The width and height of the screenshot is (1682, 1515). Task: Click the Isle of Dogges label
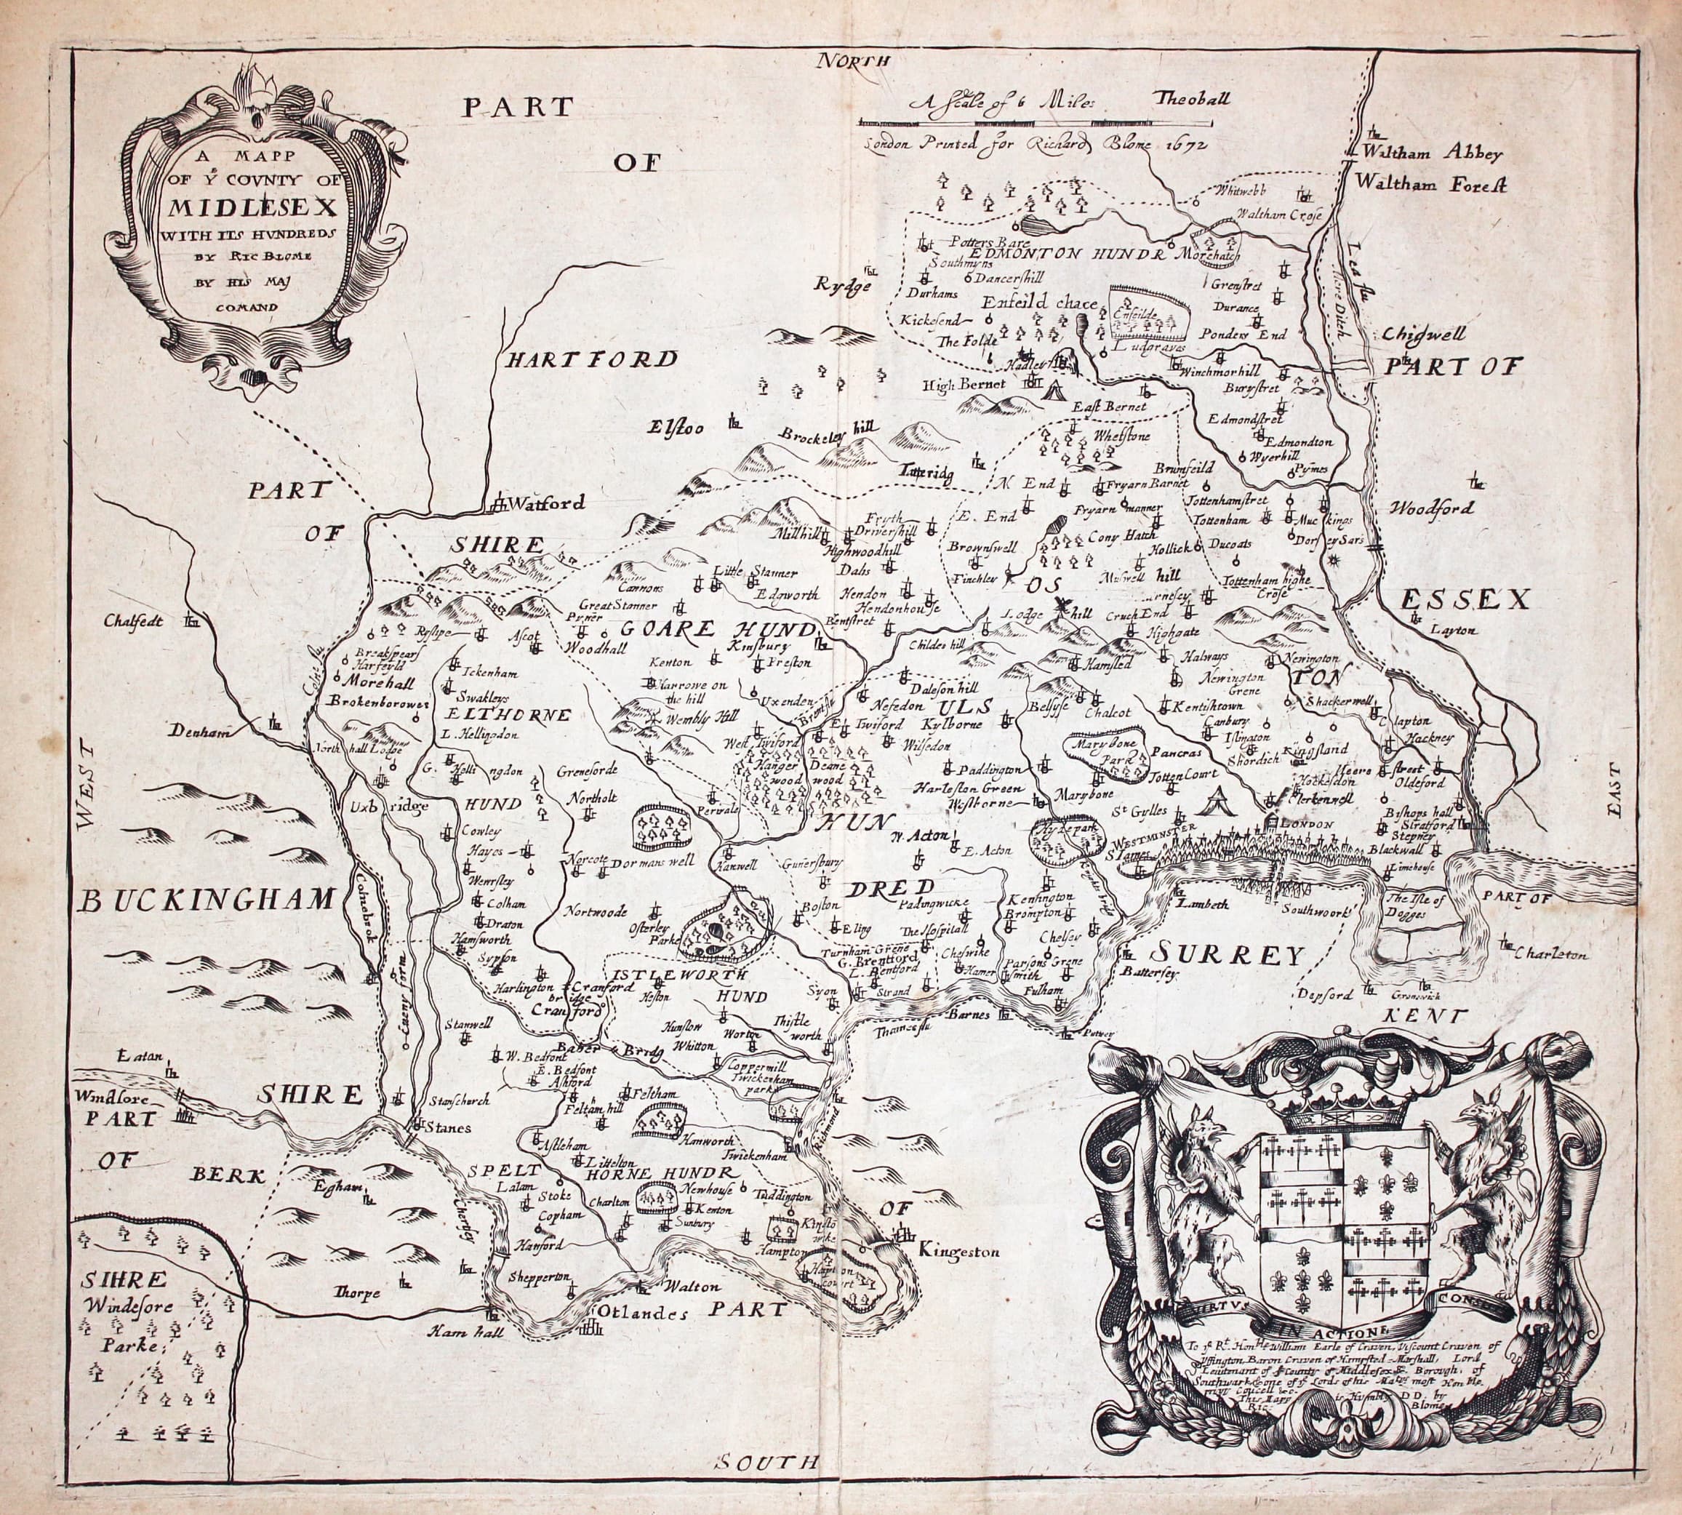[x=1411, y=906]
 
